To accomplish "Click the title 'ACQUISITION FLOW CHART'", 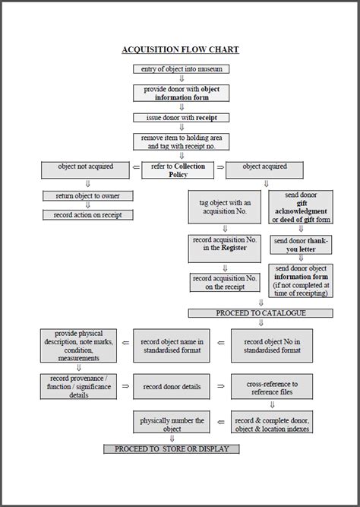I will click(181, 50).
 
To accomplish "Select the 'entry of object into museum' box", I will click(181, 69).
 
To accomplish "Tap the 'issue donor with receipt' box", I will click(181, 118).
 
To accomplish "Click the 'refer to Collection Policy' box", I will click(178, 170).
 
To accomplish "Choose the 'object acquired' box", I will click(265, 166).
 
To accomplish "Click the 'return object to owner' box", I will click(87, 196).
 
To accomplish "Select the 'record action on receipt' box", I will click(87, 215).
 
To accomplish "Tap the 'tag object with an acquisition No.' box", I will click(225, 206).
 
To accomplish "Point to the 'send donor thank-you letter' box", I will click(301, 244).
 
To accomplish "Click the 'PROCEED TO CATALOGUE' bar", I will click(261, 313).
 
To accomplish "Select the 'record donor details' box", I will click(172, 386).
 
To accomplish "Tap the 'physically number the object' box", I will click(172, 424).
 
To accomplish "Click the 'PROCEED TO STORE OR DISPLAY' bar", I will click(171, 449).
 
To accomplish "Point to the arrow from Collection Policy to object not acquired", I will click(136, 167).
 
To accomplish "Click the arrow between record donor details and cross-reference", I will click(220, 386).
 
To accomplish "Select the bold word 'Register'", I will click(233, 248).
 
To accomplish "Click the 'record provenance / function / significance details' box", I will click(79, 386).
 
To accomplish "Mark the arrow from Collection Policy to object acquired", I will click(220, 167).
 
